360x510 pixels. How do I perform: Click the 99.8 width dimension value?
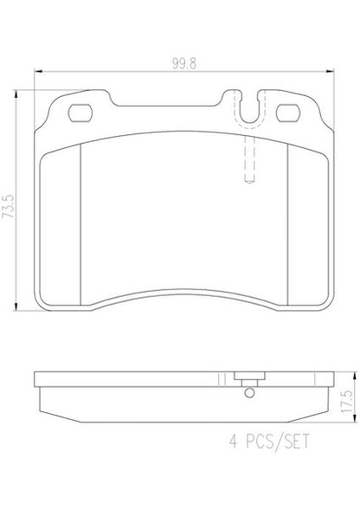[184, 63]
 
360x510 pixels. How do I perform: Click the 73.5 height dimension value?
[9, 207]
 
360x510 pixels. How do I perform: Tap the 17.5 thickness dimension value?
[348, 401]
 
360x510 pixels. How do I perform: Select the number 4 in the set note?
[233, 442]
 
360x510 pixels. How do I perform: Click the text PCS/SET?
[278, 442]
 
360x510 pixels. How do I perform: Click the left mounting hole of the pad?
[80, 113]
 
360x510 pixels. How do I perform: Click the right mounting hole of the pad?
[288, 113]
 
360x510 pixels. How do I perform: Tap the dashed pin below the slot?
[249, 158]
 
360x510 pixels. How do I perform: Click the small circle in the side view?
[249, 393]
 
